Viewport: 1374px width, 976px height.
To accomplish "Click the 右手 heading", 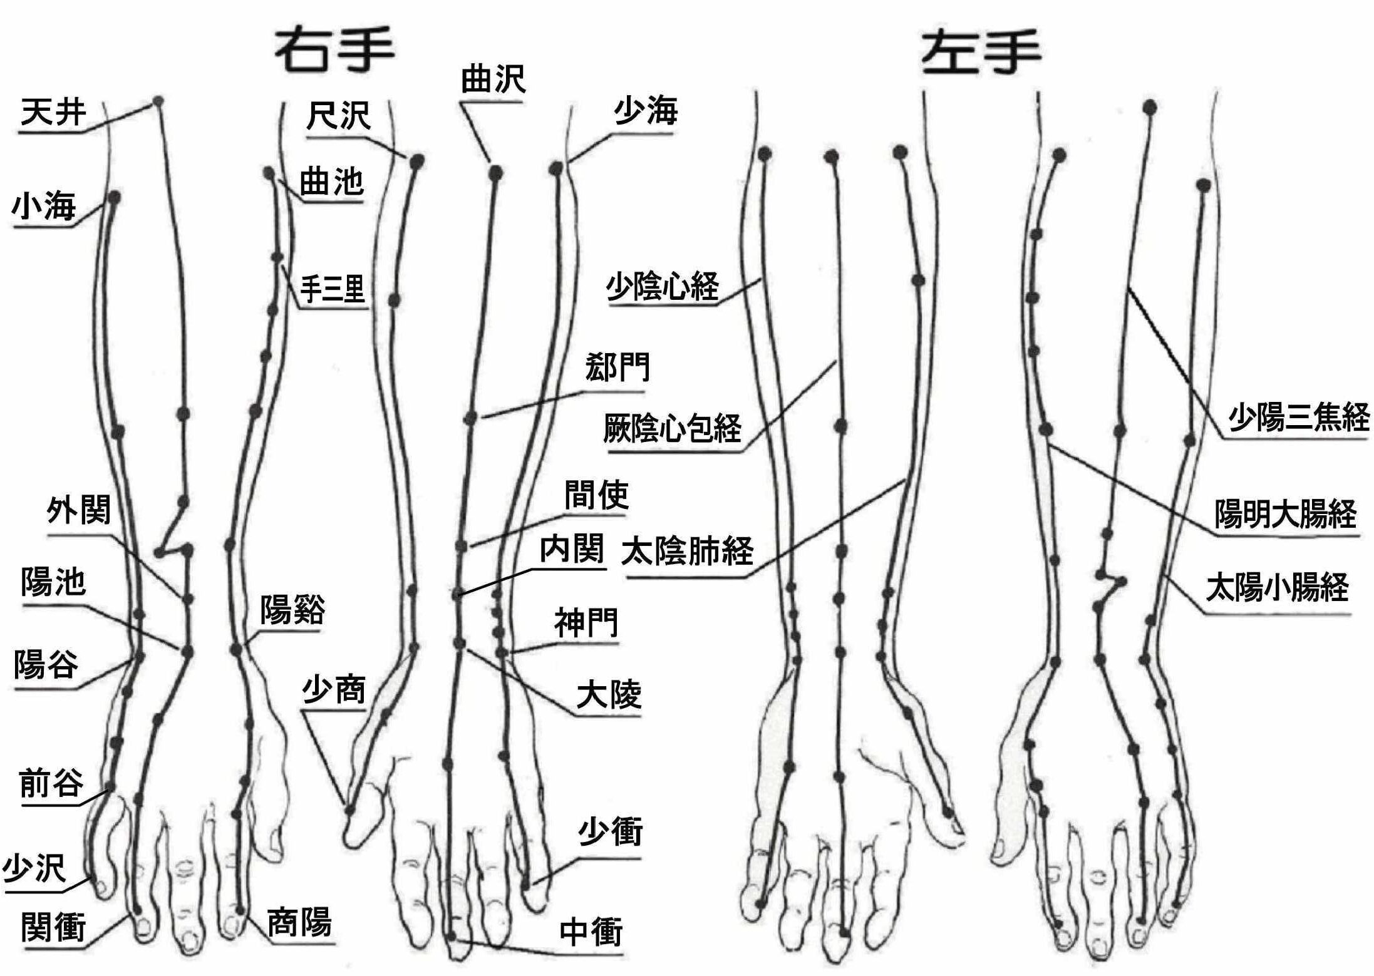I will tap(334, 50).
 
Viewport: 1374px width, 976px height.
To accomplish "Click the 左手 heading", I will tap(981, 53).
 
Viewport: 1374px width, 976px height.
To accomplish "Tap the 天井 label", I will tap(53, 113).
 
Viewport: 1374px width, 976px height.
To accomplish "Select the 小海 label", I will tap(44, 206).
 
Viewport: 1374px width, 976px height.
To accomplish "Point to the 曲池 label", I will tap(331, 182).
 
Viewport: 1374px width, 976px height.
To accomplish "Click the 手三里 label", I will tap(333, 289).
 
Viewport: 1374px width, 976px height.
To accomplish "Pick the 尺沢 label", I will tap(338, 116).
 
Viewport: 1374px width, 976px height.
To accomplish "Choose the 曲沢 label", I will tap(493, 80).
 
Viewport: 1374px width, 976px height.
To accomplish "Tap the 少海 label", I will tap(646, 111).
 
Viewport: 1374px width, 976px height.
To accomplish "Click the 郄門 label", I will tap(617, 367).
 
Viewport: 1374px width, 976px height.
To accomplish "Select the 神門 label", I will tap(586, 622).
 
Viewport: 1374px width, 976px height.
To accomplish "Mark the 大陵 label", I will tap(609, 695).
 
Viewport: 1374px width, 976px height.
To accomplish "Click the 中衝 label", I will tap(591, 932).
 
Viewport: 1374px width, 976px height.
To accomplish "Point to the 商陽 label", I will tap(299, 922).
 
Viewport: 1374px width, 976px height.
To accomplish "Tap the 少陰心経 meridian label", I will tap(662, 287).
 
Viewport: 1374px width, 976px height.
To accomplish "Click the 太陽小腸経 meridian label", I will tap(1278, 588).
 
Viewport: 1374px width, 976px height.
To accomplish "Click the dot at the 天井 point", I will tap(158, 101).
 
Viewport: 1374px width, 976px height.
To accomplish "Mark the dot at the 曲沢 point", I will tap(495, 172).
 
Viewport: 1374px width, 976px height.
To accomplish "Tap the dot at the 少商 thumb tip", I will tap(349, 810).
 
